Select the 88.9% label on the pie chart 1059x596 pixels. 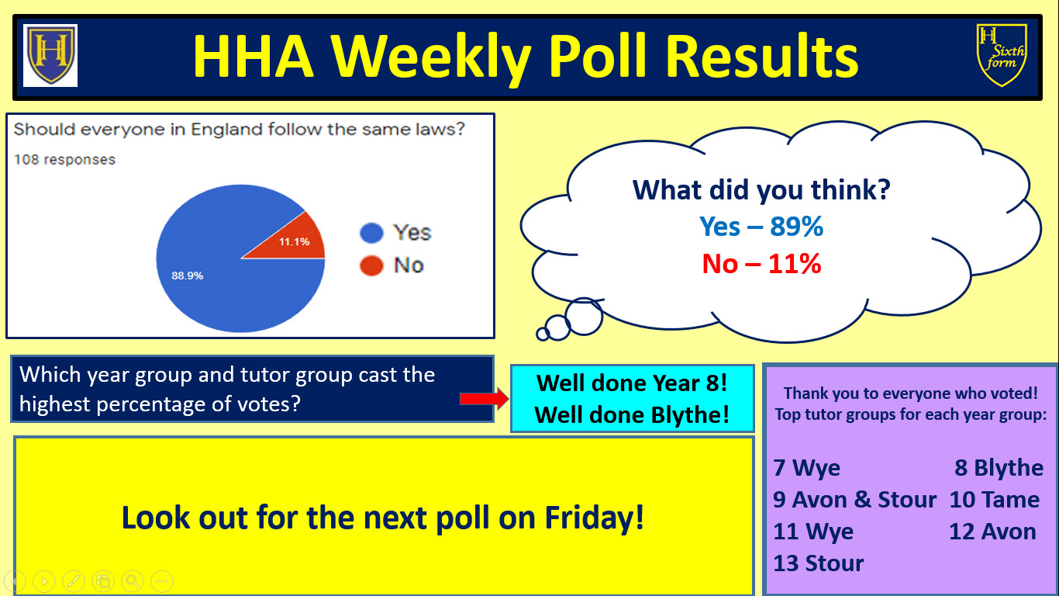coord(187,275)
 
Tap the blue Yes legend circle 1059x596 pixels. coord(371,233)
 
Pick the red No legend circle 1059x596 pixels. coord(371,265)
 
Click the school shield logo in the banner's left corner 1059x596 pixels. coord(50,55)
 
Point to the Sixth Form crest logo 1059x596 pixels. coord(1002,55)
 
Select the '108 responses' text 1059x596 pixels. coord(65,160)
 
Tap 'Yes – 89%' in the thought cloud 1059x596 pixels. coord(761,227)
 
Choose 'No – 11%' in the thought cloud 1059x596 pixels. coord(761,264)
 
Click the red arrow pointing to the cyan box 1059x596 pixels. coord(484,399)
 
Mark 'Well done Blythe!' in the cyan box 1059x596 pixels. coord(632,414)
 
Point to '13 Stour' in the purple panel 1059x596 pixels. coord(819,563)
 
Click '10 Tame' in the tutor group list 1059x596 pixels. coord(994,500)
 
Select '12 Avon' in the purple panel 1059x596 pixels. coord(992,531)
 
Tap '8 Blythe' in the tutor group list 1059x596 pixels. coord(999,468)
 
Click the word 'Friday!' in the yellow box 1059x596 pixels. coord(595,518)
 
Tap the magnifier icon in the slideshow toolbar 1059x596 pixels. coord(133,580)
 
